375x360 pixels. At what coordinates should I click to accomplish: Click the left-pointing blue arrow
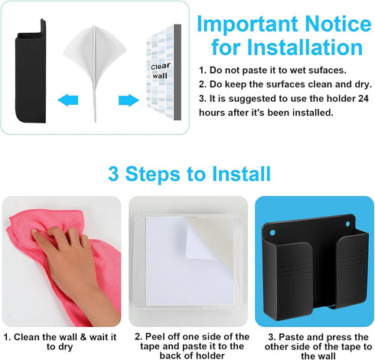click(68, 100)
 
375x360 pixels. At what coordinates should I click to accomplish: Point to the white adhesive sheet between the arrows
click(97, 61)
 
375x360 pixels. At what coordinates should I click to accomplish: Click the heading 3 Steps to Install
click(187, 173)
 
